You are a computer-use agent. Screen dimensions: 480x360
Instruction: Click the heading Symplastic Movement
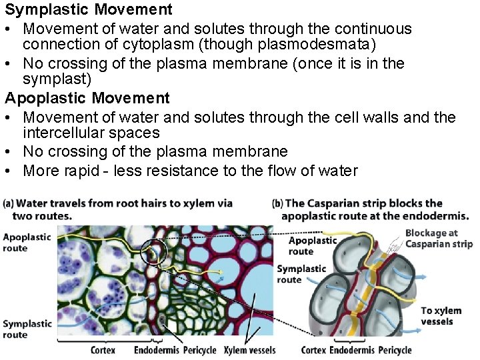(89, 10)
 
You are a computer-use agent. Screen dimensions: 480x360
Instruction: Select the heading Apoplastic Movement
(87, 99)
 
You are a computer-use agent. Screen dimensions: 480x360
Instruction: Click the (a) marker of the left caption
(10, 203)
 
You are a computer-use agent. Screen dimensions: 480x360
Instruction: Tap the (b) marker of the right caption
(279, 203)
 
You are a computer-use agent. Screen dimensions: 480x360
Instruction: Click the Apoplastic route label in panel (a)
(27, 242)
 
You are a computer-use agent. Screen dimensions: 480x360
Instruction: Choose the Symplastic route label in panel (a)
(27, 329)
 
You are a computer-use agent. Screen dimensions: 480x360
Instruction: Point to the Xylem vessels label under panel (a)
(249, 350)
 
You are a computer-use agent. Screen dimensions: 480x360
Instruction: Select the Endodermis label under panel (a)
(155, 350)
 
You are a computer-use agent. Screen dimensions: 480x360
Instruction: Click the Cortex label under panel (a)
(103, 350)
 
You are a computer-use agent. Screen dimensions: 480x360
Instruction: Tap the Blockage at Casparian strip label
(438, 238)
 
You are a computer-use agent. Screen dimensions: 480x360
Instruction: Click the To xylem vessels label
(441, 316)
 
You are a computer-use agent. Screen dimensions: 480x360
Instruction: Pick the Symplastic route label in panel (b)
(301, 274)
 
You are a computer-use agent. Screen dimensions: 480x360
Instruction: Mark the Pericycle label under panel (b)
(395, 350)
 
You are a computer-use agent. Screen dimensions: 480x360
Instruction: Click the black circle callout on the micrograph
(154, 252)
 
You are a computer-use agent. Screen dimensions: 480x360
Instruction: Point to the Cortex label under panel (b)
(313, 350)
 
